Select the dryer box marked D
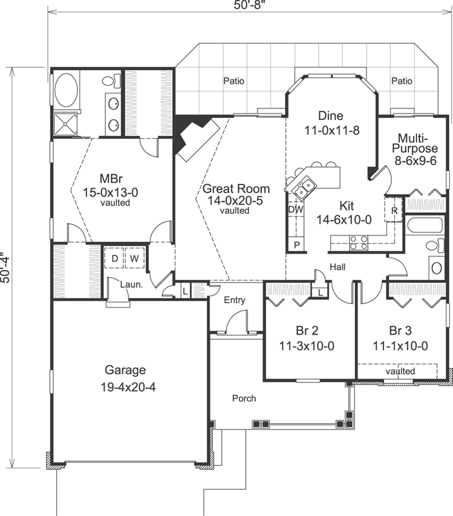click(x=115, y=258)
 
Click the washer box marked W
click(x=134, y=258)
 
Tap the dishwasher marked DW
click(x=296, y=210)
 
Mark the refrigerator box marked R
click(x=394, y=210)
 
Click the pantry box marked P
click(x=296, y=244)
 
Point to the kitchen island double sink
click(x=303, y=188)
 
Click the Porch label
click(x=244, y=398)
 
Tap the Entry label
click(x=234, y=300)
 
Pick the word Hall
click(x=337, y=266)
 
